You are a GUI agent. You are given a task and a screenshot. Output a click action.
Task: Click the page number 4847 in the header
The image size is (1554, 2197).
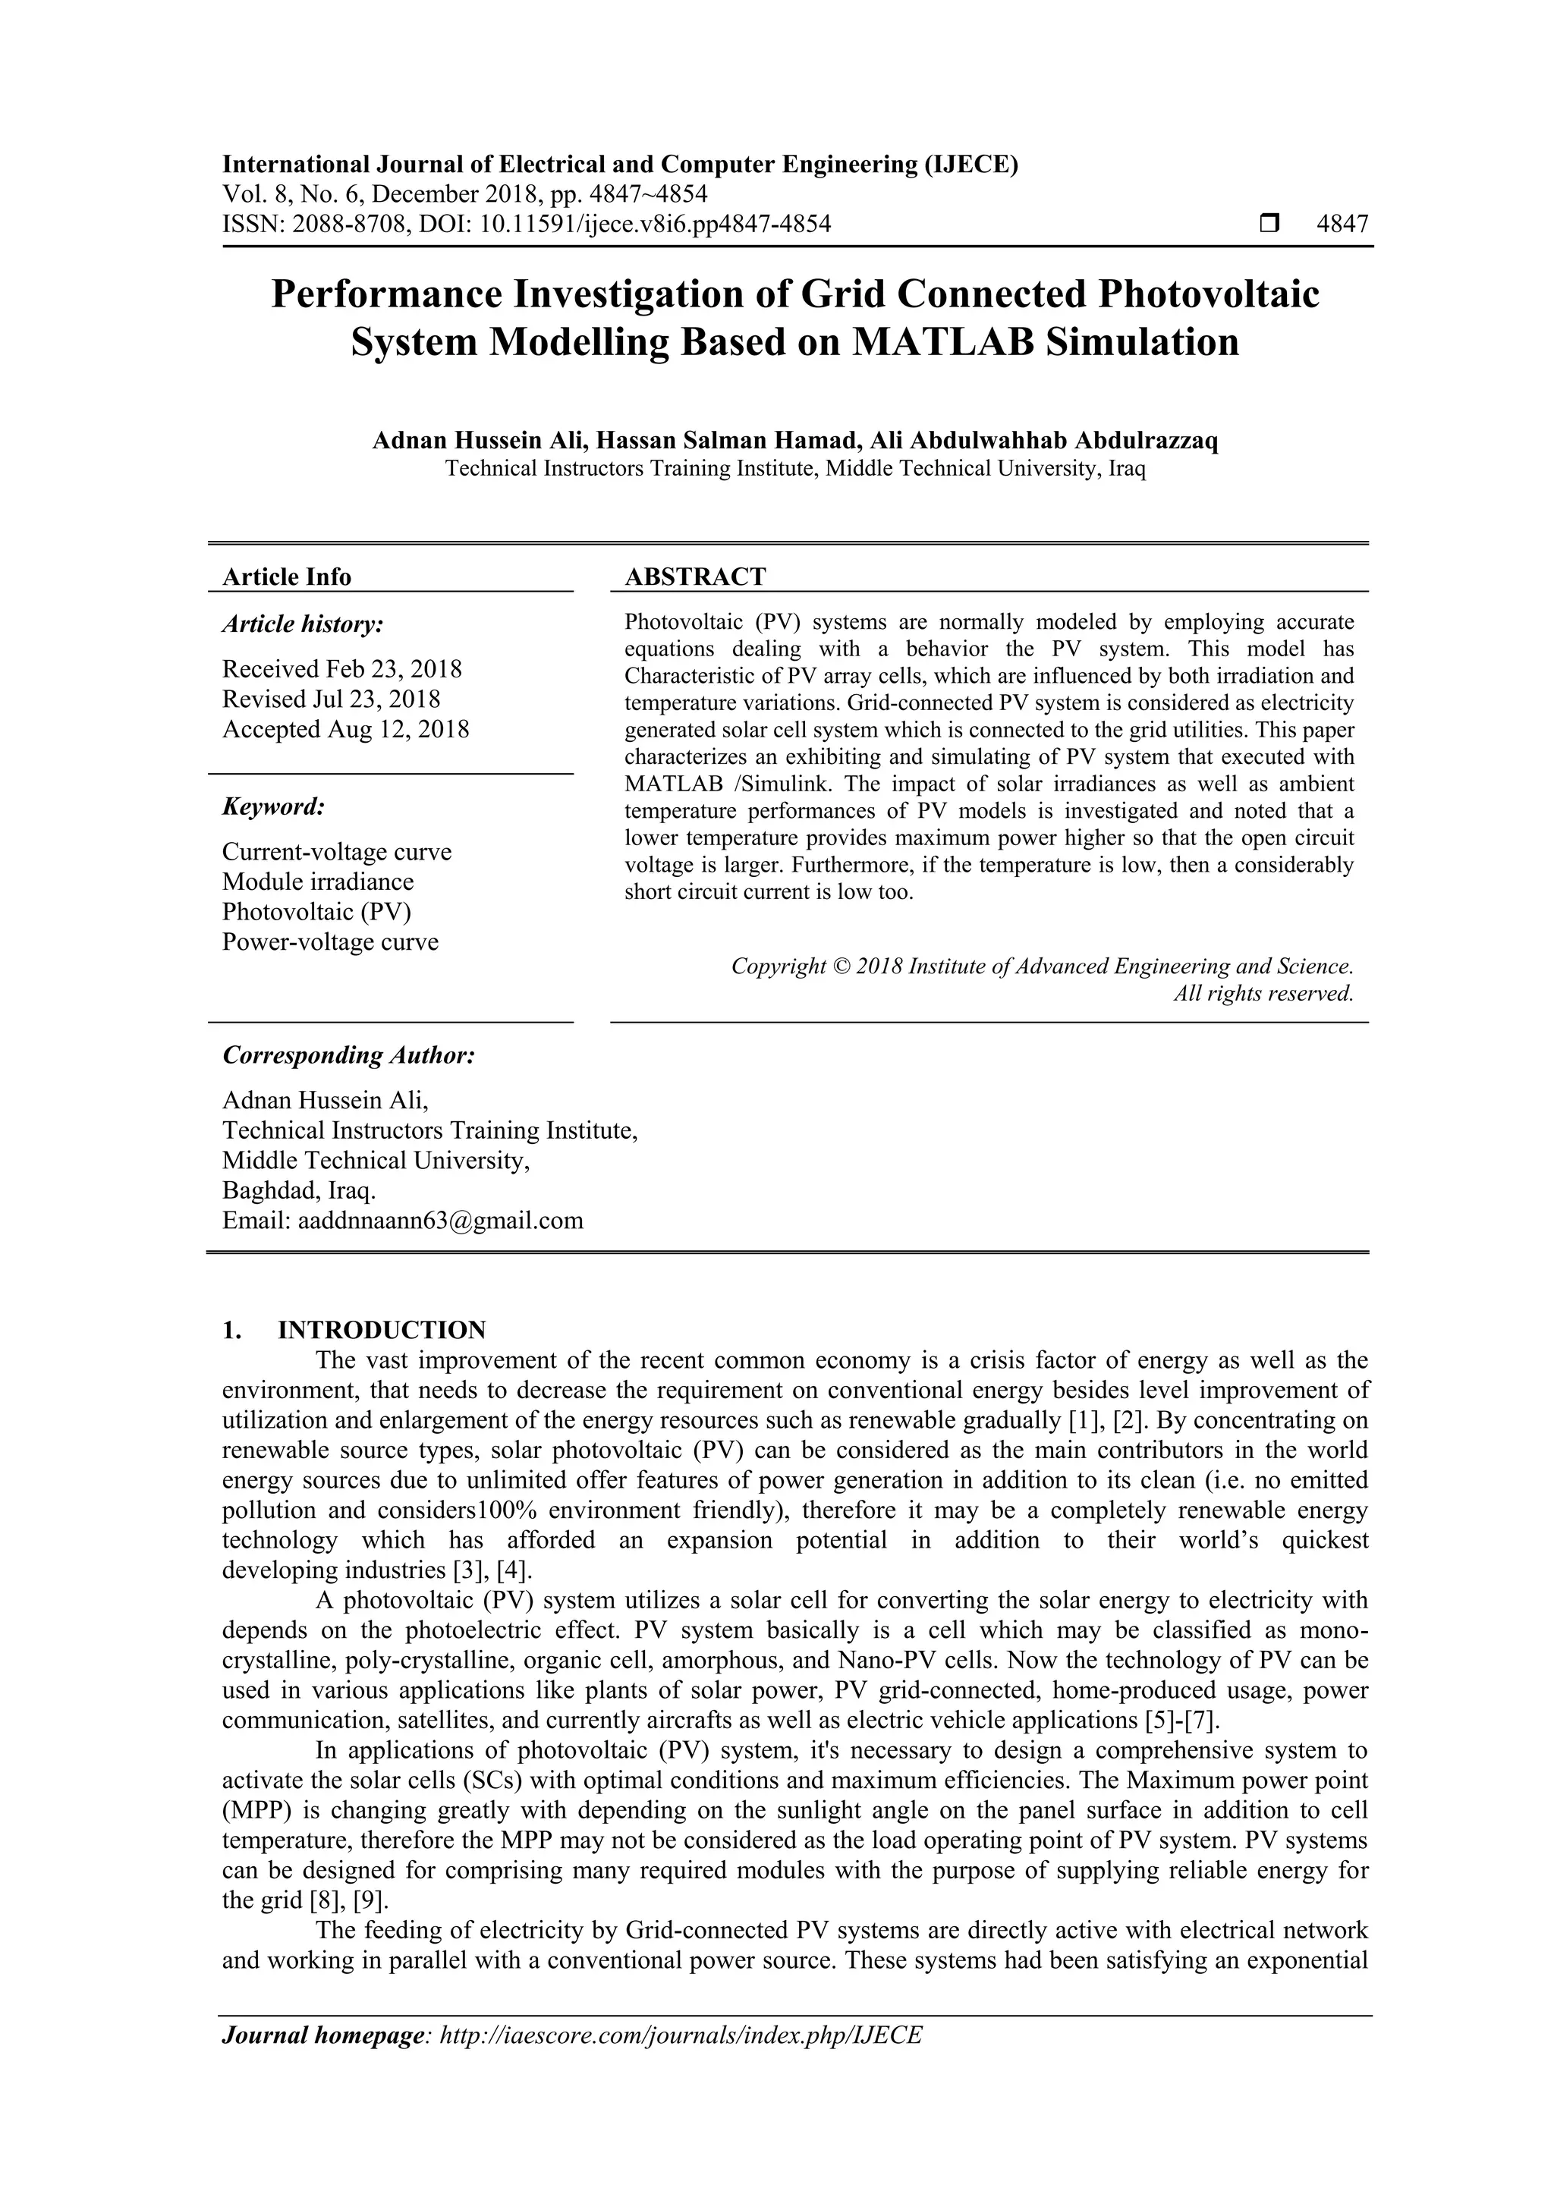pyautogui.click(x=1342, y=225)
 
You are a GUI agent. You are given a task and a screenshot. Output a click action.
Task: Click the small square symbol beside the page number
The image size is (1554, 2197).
pyautogui.click(x=1269, y=225)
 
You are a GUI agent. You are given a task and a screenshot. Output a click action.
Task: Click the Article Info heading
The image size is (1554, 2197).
pyautogui.click(x=286, y=577)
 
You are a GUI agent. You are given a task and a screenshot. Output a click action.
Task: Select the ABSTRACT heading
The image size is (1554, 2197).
pyautogui.click(x=695, y=577)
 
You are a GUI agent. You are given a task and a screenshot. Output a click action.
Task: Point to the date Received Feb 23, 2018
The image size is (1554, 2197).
pyautogui.click(x=341, y=669)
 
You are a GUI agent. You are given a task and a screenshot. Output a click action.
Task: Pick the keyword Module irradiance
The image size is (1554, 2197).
pyautogui.click(x=318, y=882)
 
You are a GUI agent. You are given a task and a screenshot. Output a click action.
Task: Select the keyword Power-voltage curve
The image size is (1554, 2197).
pyautogui.click(x=330, y=941)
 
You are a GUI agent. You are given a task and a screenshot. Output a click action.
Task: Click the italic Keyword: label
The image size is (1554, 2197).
pyautogui.click(x=274, y=806)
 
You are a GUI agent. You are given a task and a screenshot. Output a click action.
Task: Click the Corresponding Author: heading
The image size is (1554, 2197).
pyautogui.click(x=348, y=1055)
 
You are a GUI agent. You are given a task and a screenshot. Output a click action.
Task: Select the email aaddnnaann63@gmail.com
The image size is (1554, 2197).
pyautogui.click(x=440, y=1221)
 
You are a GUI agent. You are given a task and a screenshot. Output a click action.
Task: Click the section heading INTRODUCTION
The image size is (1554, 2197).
pyautogui.click(x=381, y=1330)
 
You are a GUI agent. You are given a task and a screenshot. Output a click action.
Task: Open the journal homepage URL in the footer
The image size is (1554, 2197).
pyautogui.click(x=679, y=2035)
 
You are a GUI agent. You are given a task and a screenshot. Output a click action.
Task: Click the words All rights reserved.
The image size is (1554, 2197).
pyautogui.click(x=1263, y=993)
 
